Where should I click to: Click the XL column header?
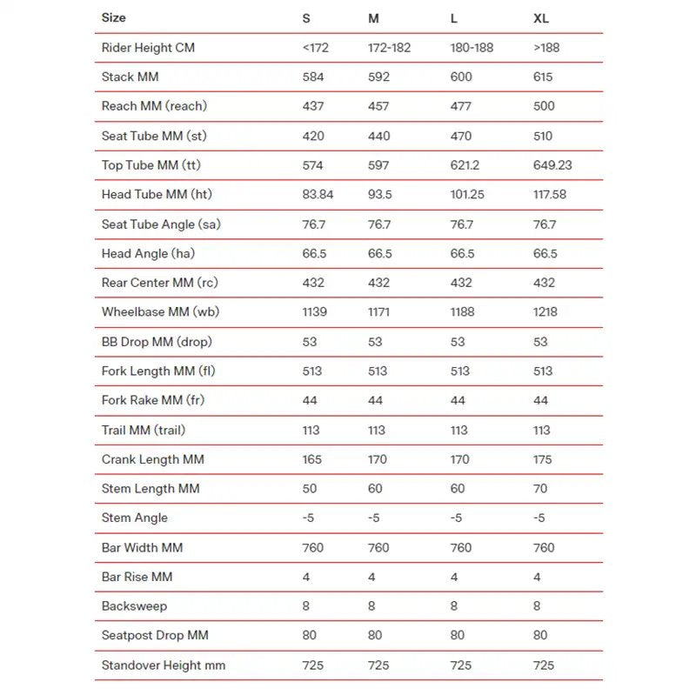(540, 17)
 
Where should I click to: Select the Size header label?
(113, 17)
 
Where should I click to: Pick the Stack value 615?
(544, 77)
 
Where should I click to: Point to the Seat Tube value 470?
(461, 136)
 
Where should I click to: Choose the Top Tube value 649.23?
(552, 165)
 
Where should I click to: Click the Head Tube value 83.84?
(318, 195)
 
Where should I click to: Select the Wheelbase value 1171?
(379, 311)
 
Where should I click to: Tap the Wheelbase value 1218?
(545, 311)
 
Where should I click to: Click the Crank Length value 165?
(312, 459)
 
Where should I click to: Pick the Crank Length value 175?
(543, 459)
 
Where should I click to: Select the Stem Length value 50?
(310, 489)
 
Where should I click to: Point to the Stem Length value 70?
(540, 489)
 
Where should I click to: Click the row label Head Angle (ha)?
(147, 253)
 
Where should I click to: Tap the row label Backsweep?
(134, 606)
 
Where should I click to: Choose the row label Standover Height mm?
(164, 665)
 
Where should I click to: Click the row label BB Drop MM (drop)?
(157, 342)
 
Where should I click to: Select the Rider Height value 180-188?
(472, 47)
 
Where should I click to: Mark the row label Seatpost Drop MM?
(155, 636)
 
